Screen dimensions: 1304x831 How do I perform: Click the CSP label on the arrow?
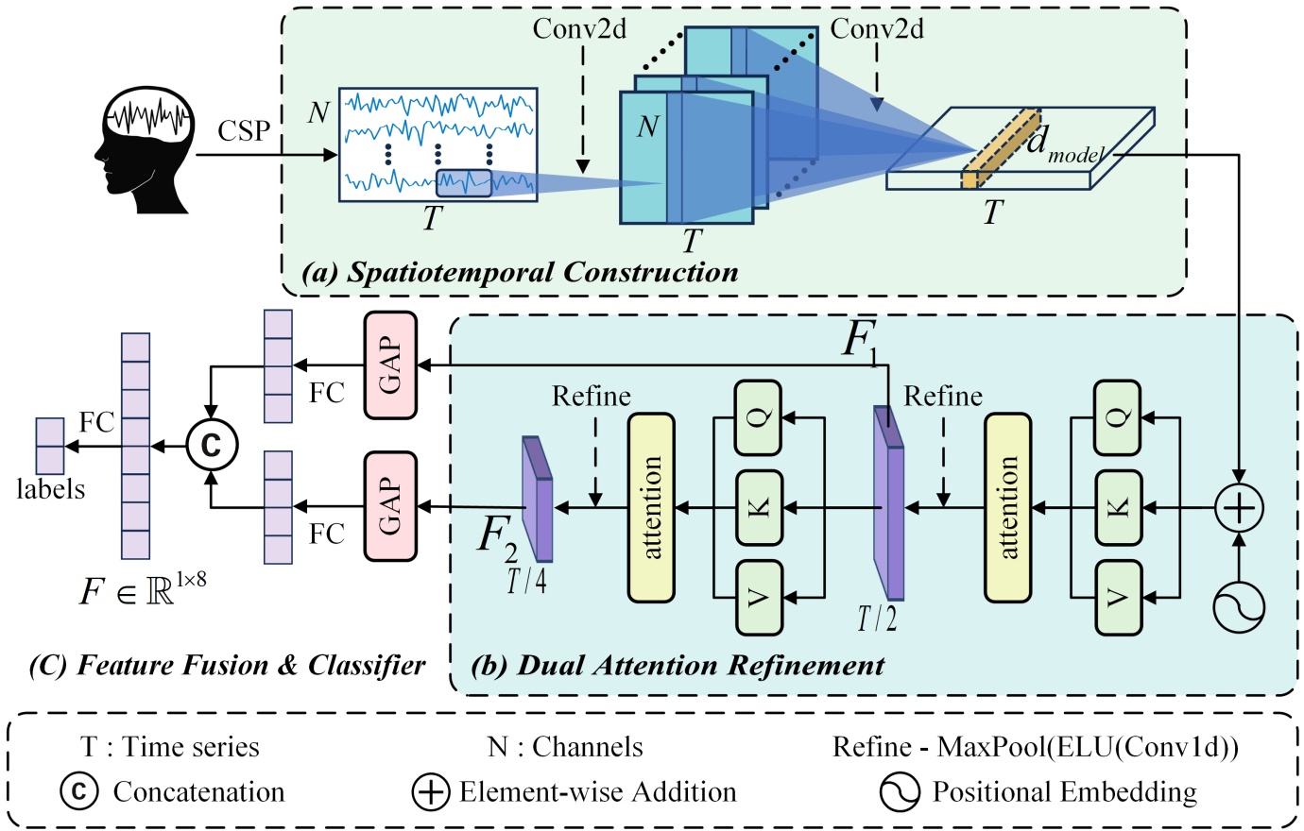pyautogui.click(x=244, y=130)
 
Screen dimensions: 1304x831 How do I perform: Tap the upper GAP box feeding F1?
pyautogui.click(x=390, y=365)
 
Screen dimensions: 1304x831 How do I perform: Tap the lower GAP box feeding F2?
pyautogui.click(x=390, y=506)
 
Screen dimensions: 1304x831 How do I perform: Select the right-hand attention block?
pyautogui.click(x=1007, y=507)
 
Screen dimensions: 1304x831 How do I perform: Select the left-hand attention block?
pyautogui.click(x=651, y=507)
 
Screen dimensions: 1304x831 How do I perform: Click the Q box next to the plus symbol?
pyautogui.click(x=1117, y=417)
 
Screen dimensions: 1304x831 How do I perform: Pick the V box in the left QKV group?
pyautogui.click(x=760, y=597)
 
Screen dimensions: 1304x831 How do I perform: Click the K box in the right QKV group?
pyautogui.click(x=1117, y=507)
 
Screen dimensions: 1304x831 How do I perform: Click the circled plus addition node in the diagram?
pyautogui.click(x=1239, y=508)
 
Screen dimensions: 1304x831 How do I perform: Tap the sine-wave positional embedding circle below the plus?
pyautogui.click(x=1239, y=604)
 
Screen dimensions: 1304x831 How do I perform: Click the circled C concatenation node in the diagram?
pyautogui.click(x=211, y=443)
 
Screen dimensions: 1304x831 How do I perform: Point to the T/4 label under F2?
pyautogui.click(x=526, y=580)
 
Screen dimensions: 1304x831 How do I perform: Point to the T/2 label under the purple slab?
pyautogui.click(x=877, y=619)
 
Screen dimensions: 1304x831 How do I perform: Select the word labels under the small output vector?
pyautogui.click(x=50, y=489)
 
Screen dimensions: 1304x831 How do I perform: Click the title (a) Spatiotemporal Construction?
pyautogui.click(x=520, y=273)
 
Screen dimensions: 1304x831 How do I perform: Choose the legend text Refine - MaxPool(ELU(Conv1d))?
pyautogui.click(x=1035, y=747)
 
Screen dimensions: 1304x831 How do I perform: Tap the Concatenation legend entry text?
pyautogui.click(x=198, y=791)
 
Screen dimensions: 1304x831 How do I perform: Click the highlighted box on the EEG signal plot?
pyautogui.click(x=463, y=182)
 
